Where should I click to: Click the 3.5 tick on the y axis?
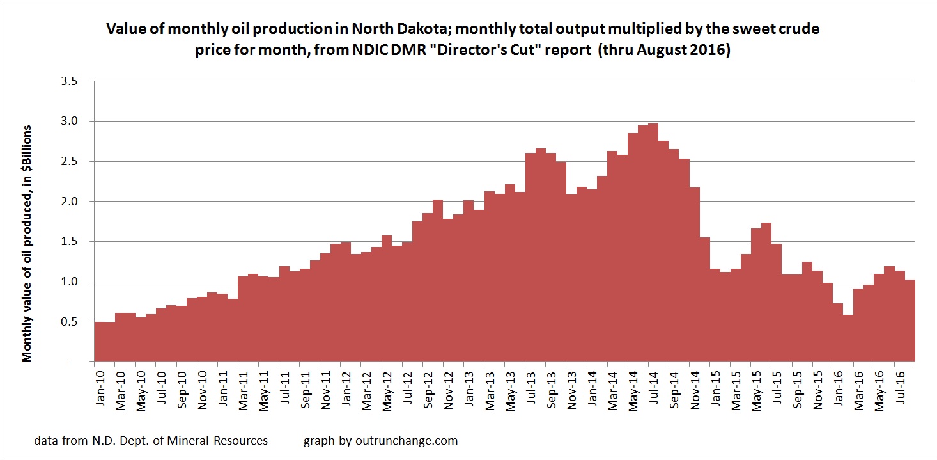(68, 81)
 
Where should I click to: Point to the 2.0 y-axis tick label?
(68, 202)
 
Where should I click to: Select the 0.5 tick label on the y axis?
(68, 322)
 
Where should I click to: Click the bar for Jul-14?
(653, 243)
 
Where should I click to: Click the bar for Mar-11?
(242, 320)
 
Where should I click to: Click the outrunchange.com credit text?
(380, 440)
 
